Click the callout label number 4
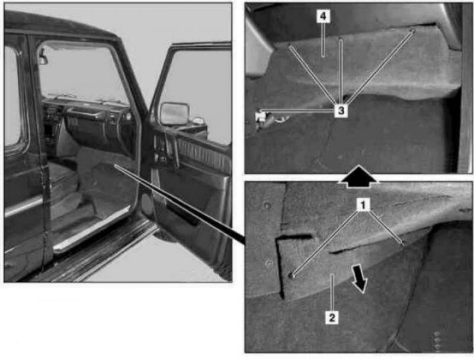click(x=323, y=17)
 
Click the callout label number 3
click(x=341, y=111)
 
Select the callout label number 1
click(x=363, y=205)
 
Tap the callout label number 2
click(x=332, y=317)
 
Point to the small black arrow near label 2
click(x=360, y=278)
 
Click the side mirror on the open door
click(x=175, y=114)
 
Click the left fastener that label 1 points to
click(x=292, y=275)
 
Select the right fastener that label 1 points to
click(x=402, y=243)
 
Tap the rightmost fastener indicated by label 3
click(x=412, y=31)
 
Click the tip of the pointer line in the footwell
click(x=115, y=166)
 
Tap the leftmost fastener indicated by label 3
click(x=290, y=46)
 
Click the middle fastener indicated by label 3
click(x=340, y=39)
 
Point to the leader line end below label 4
click(x=323, y=56)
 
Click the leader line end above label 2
click(x=332, y=275)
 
